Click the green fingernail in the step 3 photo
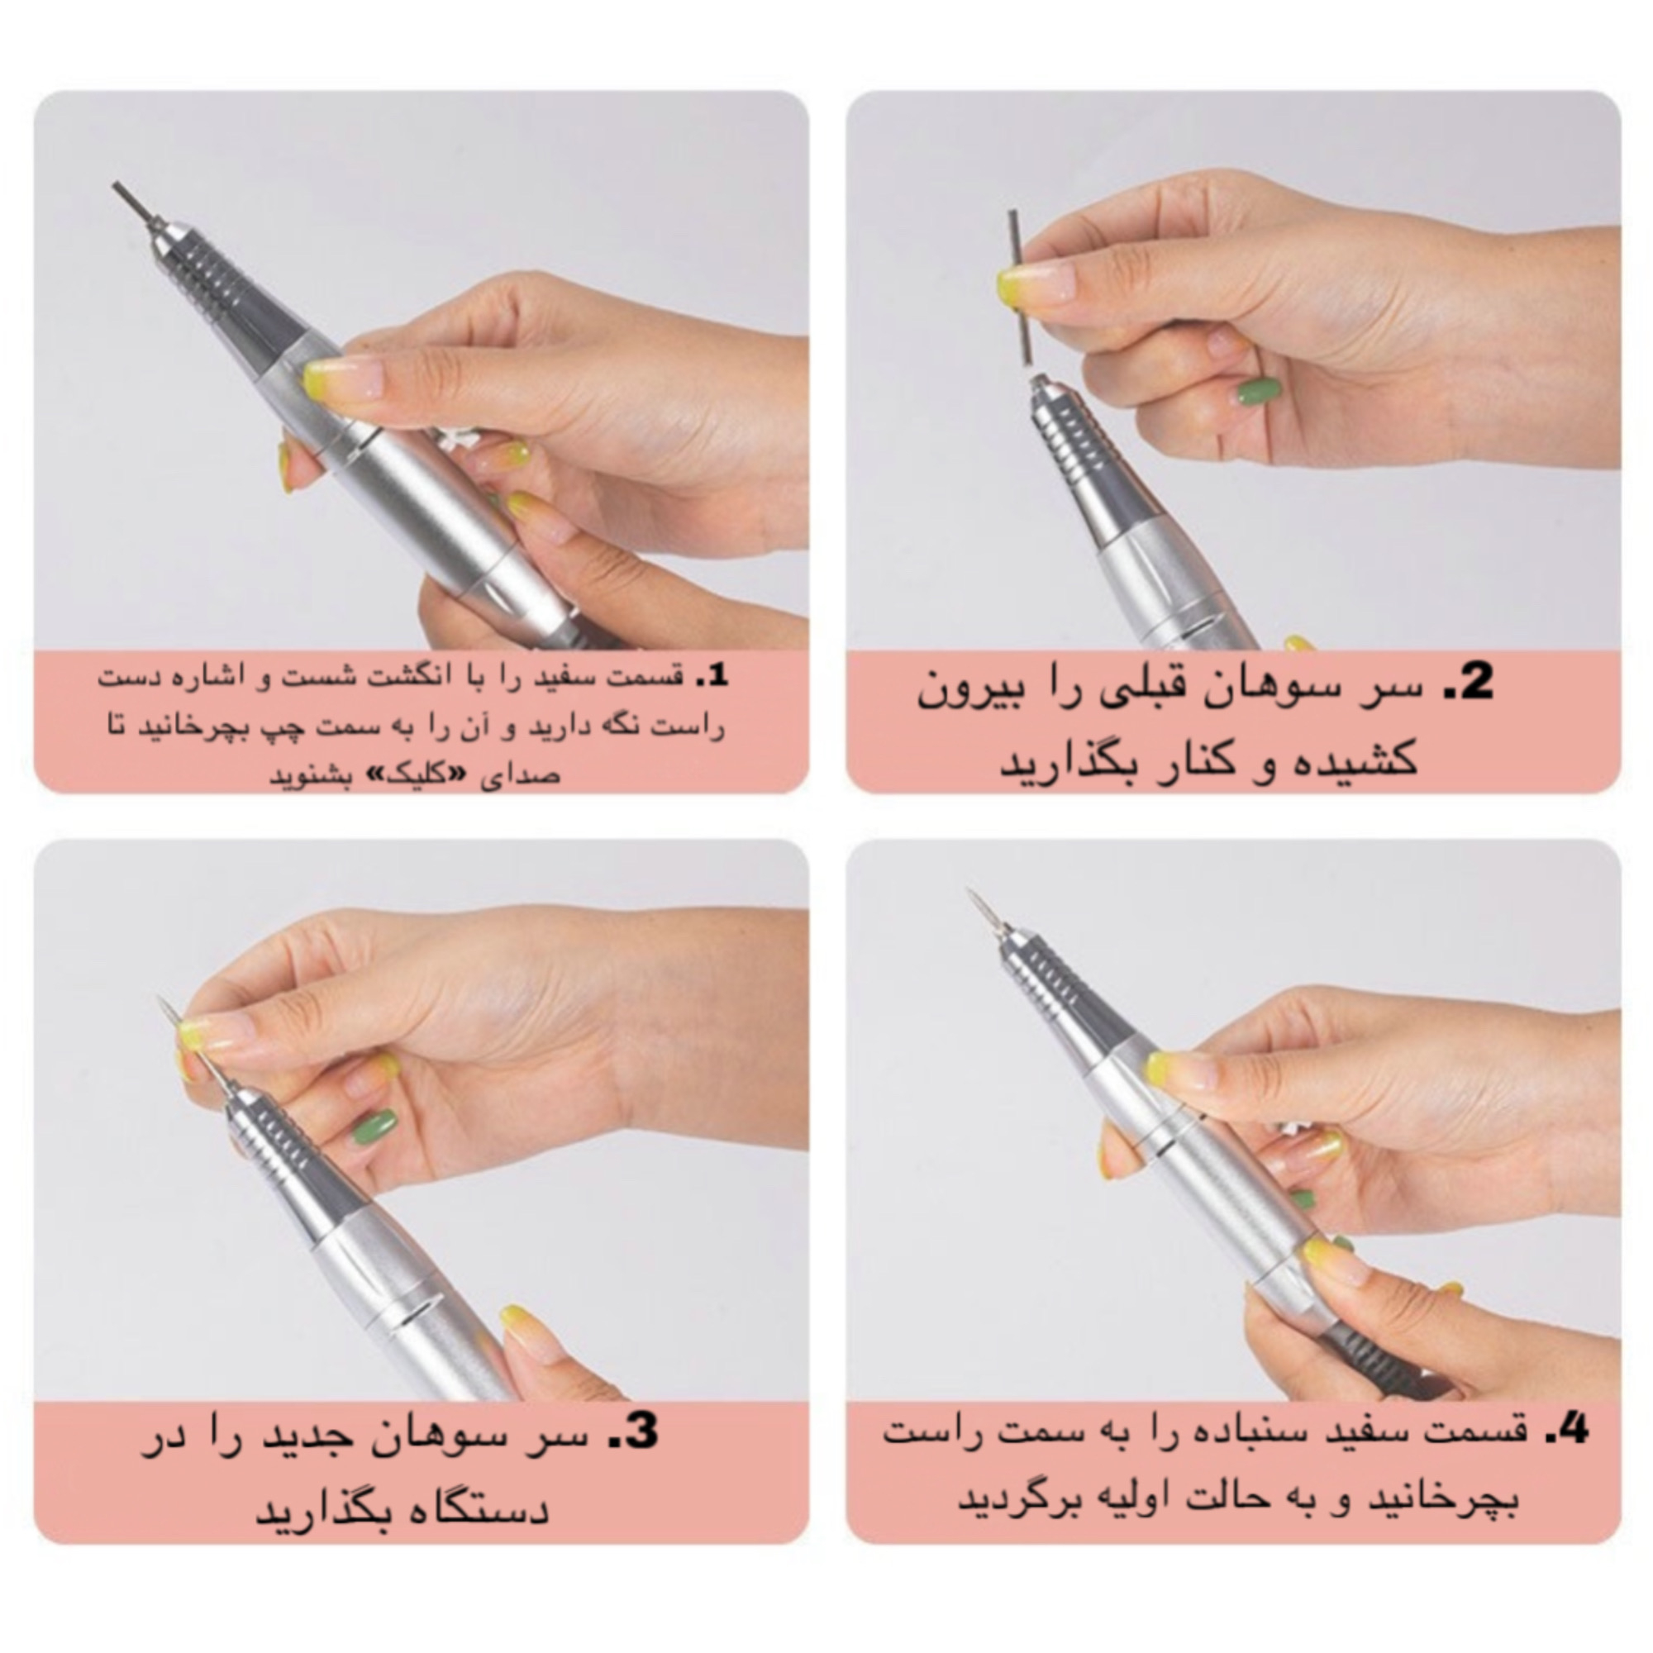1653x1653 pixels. point(374,1127)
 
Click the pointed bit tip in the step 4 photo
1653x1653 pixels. point(977,903)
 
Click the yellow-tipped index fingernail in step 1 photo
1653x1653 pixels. point(330,376)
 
